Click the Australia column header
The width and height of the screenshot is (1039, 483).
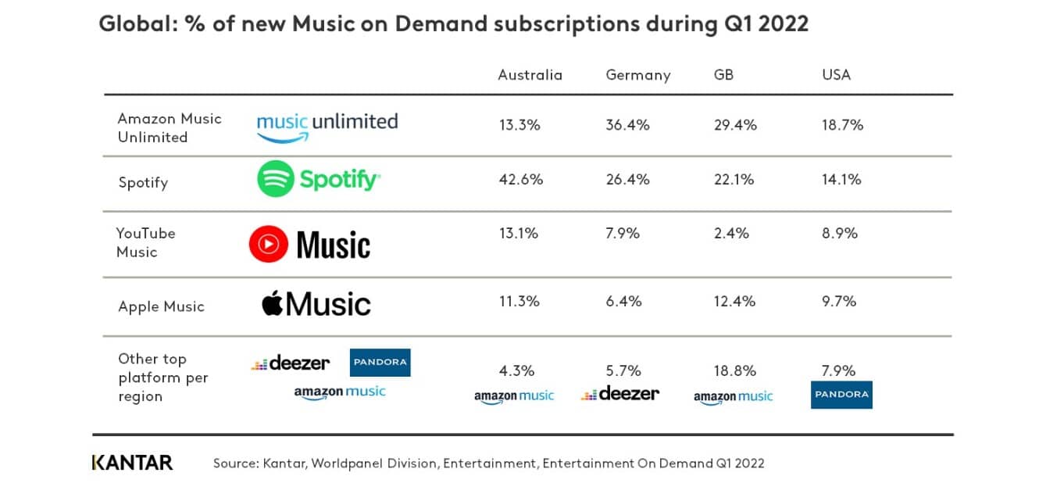[530, 75]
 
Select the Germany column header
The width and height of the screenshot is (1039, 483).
[637, 75]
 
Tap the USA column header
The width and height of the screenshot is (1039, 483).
[835, 75]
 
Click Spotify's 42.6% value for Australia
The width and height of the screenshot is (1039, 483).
[520, 180]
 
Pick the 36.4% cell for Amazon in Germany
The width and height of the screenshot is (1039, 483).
[627, 125]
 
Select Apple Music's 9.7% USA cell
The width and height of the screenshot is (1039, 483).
[839, 301]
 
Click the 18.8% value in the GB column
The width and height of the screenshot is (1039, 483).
[734, 370]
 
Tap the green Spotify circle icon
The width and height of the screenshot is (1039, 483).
[275, 179]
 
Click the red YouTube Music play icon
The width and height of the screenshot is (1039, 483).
[268, 245]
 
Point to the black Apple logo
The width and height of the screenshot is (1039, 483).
[272, 303]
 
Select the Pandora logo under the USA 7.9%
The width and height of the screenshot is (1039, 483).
[841, 395]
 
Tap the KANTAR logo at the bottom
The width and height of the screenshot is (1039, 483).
[132, 463]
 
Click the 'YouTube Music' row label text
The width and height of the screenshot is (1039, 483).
[145, 242]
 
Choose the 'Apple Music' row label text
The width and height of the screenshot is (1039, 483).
[161, 306]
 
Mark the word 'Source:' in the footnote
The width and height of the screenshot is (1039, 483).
[235, 463]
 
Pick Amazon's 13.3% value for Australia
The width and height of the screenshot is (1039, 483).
[519, 125]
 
